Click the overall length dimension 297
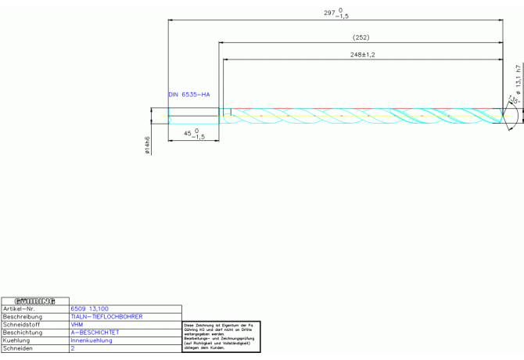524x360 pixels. [336, 13]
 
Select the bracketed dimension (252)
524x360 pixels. [361, 37]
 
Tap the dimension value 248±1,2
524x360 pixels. [363, 55]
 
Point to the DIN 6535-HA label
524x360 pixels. [189, 94]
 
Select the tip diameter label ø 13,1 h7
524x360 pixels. [517, 81]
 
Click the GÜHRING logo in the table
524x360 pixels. [35, 301]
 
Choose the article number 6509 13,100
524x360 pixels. [90, 309]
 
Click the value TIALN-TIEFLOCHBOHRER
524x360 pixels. [106, 317]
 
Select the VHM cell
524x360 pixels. [77, 325]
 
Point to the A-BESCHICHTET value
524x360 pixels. [95, 333]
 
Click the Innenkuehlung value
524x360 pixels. [92, 340]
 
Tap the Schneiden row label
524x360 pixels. [17, 348]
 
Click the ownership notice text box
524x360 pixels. [221, 336]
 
